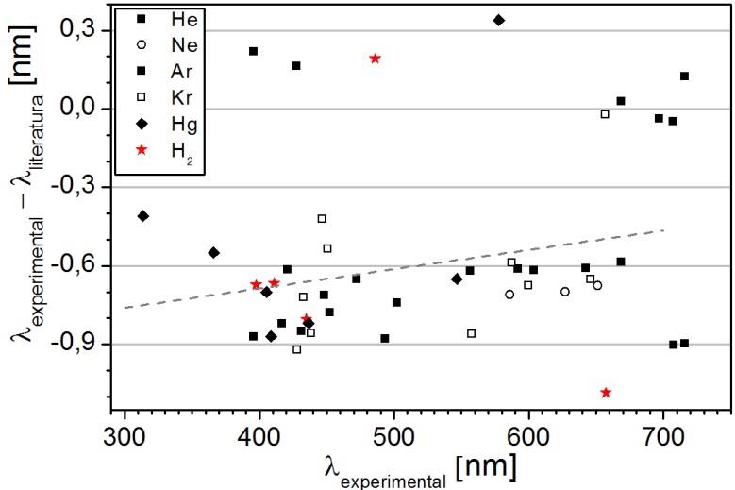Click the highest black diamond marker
coord(499,20)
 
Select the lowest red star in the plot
coord(606,393)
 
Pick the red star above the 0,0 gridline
coord(375,59)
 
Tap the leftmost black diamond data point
coord(143,216)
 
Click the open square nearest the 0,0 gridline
coord(605,114)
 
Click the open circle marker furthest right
coord(597,285)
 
